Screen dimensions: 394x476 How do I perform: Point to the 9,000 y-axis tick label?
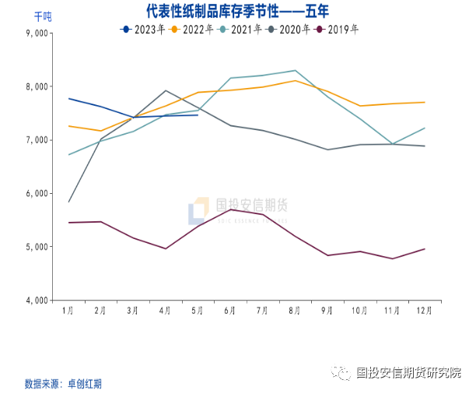click(37, 33)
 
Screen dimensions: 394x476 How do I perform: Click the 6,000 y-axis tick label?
click(37, 193)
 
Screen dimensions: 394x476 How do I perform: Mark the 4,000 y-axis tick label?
click(37, 300)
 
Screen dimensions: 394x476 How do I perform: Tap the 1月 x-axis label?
click(68, 310)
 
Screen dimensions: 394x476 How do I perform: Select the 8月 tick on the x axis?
click(295, 310)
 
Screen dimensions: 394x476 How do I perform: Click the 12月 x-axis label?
click(424, 310)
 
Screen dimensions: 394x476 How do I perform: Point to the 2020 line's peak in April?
click(166, 90)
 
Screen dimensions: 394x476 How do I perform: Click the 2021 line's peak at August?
click(295, 71)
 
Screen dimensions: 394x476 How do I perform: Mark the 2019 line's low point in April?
click(166, 248)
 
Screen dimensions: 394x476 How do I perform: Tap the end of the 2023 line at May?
click(198, 115)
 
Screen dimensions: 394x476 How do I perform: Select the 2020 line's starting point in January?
click(69, 202)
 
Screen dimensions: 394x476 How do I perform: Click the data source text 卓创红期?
click(85, 384)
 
